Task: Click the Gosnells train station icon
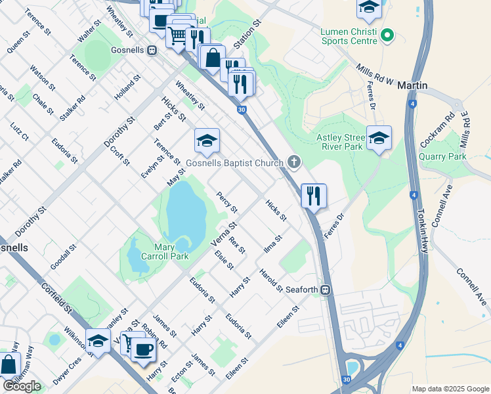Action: (152, 49)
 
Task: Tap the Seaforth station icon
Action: (325, 290)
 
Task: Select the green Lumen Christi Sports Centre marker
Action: (387, 35)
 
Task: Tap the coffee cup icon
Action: (144, 348)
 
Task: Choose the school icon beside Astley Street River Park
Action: (379, 138)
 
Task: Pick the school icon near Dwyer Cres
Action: (98, 340)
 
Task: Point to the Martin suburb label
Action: (412, 86)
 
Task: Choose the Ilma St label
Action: (272, 242)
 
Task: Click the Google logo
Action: (22, 386)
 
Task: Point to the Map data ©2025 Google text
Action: (450, 389)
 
